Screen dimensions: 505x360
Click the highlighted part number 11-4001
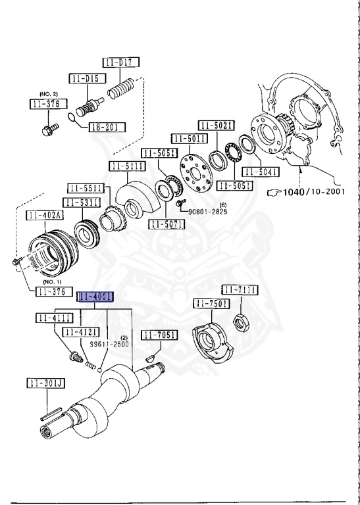pyautogui.click(x=95, y=297)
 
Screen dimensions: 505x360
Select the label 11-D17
pyautogui.click(x=120, y=63)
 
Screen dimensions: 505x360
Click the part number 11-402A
pyautogui.click(x=45, y=215)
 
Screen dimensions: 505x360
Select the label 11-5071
pyautogui.click(x=167, y=224)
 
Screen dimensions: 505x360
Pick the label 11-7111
pyautogui.click(x=239, y=290)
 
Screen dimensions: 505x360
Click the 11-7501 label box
pyautogui.click(x=211, y=303)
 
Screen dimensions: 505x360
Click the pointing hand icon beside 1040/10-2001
pyautogui.click(x=273, y=193)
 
